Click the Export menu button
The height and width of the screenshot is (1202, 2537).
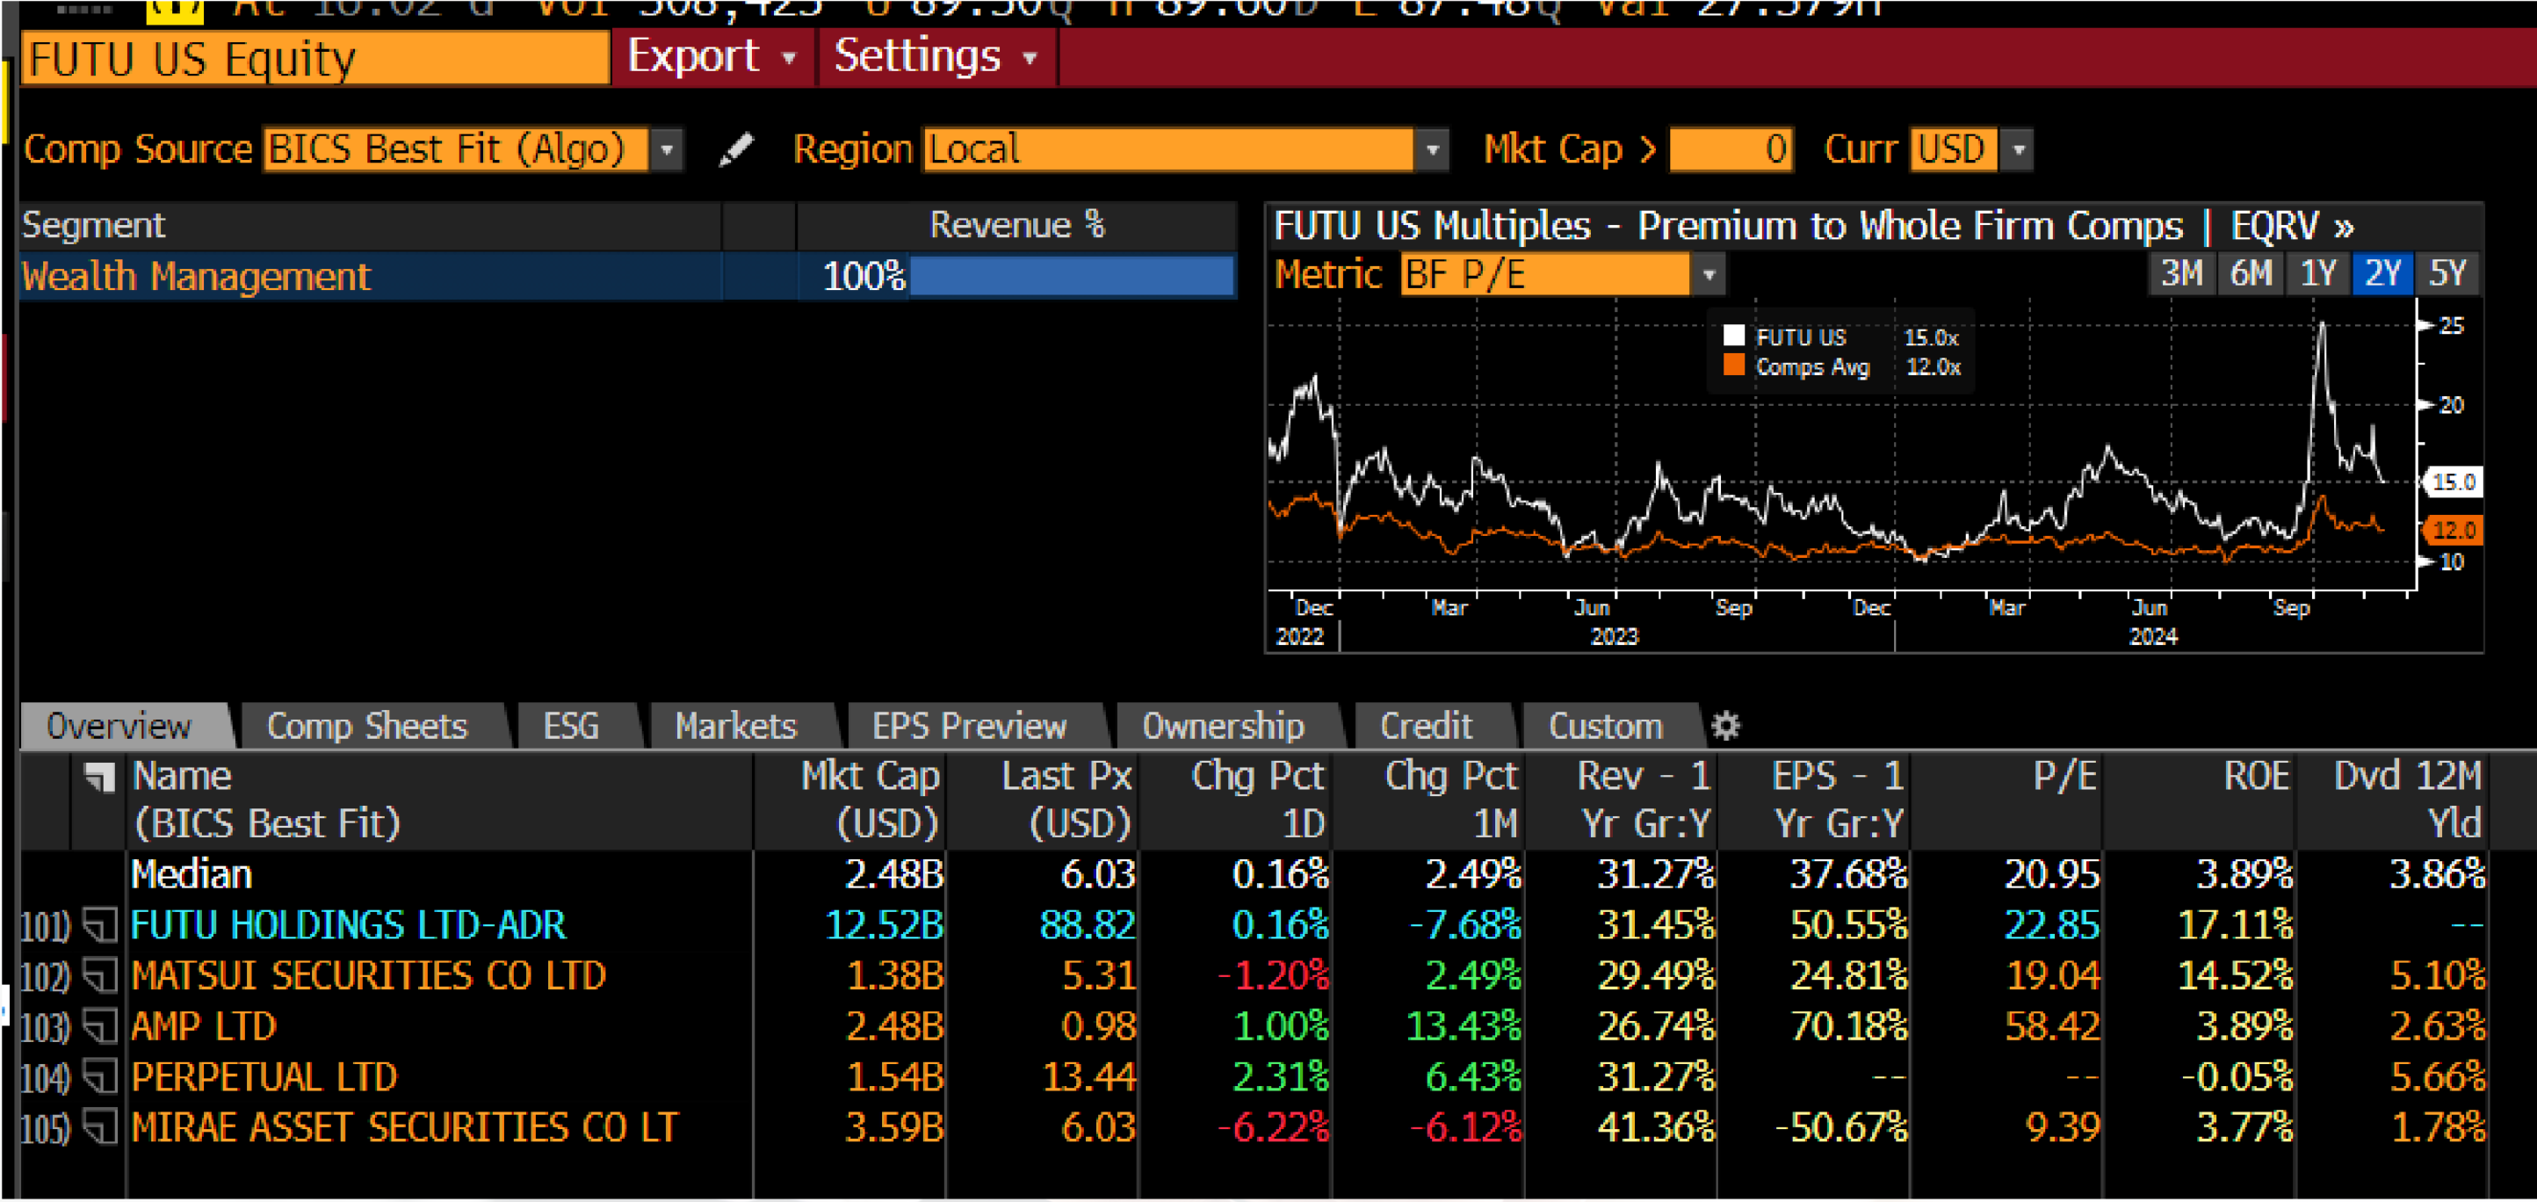pyautogui.click(x=710, y=57)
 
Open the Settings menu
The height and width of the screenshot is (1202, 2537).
pyautogui.click(x=935, y=57)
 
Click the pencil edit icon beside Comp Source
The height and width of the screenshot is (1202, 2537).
pyautogui.click(x=735, y=149)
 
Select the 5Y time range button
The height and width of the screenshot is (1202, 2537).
pyautogui.click(x=2447, y=273)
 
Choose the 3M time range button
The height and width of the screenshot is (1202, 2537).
pyautogui.click(x=2180, y=273)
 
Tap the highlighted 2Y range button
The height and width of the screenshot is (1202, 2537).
pyautogui.click(x=2382, y=273)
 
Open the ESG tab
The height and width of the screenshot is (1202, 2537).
pyautogui.click(x=570, y=726)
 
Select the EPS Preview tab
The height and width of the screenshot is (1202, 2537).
pyautogui.click(x=969, y=726)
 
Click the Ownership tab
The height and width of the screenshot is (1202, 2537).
pyautogui.click(x=1222, y=726)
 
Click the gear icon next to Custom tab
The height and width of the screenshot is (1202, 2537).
pyautogui.click(x=1725, y=726)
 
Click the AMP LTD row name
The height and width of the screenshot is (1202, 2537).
pyautogui.click(x=204, y=1026)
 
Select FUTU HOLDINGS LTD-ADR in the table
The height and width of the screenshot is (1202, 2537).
pyautogui.click(x=348, y=925)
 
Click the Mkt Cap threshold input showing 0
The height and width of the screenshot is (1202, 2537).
pyautogui.click(x=1731, y=149)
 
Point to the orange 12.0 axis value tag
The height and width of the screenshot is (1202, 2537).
pyautogui.click(x=2454, y=530)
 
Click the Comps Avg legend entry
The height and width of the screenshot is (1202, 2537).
pyautogui.click(x=1811, y=367)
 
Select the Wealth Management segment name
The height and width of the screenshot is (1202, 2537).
pyautogui.click(x=196, y=277)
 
